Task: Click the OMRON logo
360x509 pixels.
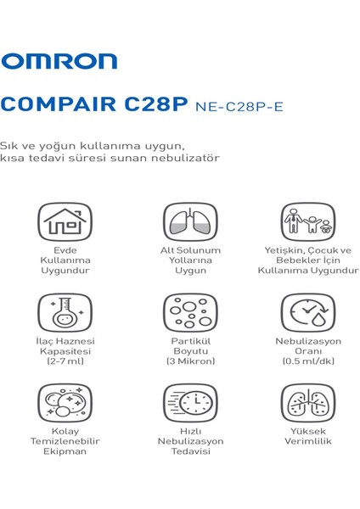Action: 59,60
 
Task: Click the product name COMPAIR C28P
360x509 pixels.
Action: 95,105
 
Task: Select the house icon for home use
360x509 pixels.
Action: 65,221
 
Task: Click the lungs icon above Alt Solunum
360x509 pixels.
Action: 190,221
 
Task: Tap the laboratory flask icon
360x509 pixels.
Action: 65,312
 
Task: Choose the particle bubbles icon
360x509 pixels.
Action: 190,312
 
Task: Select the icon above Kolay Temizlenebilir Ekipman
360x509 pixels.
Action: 65,403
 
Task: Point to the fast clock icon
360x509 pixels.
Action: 190,403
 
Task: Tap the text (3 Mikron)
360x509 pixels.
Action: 190,361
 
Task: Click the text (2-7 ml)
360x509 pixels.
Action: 65,361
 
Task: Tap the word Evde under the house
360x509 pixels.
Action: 65,250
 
